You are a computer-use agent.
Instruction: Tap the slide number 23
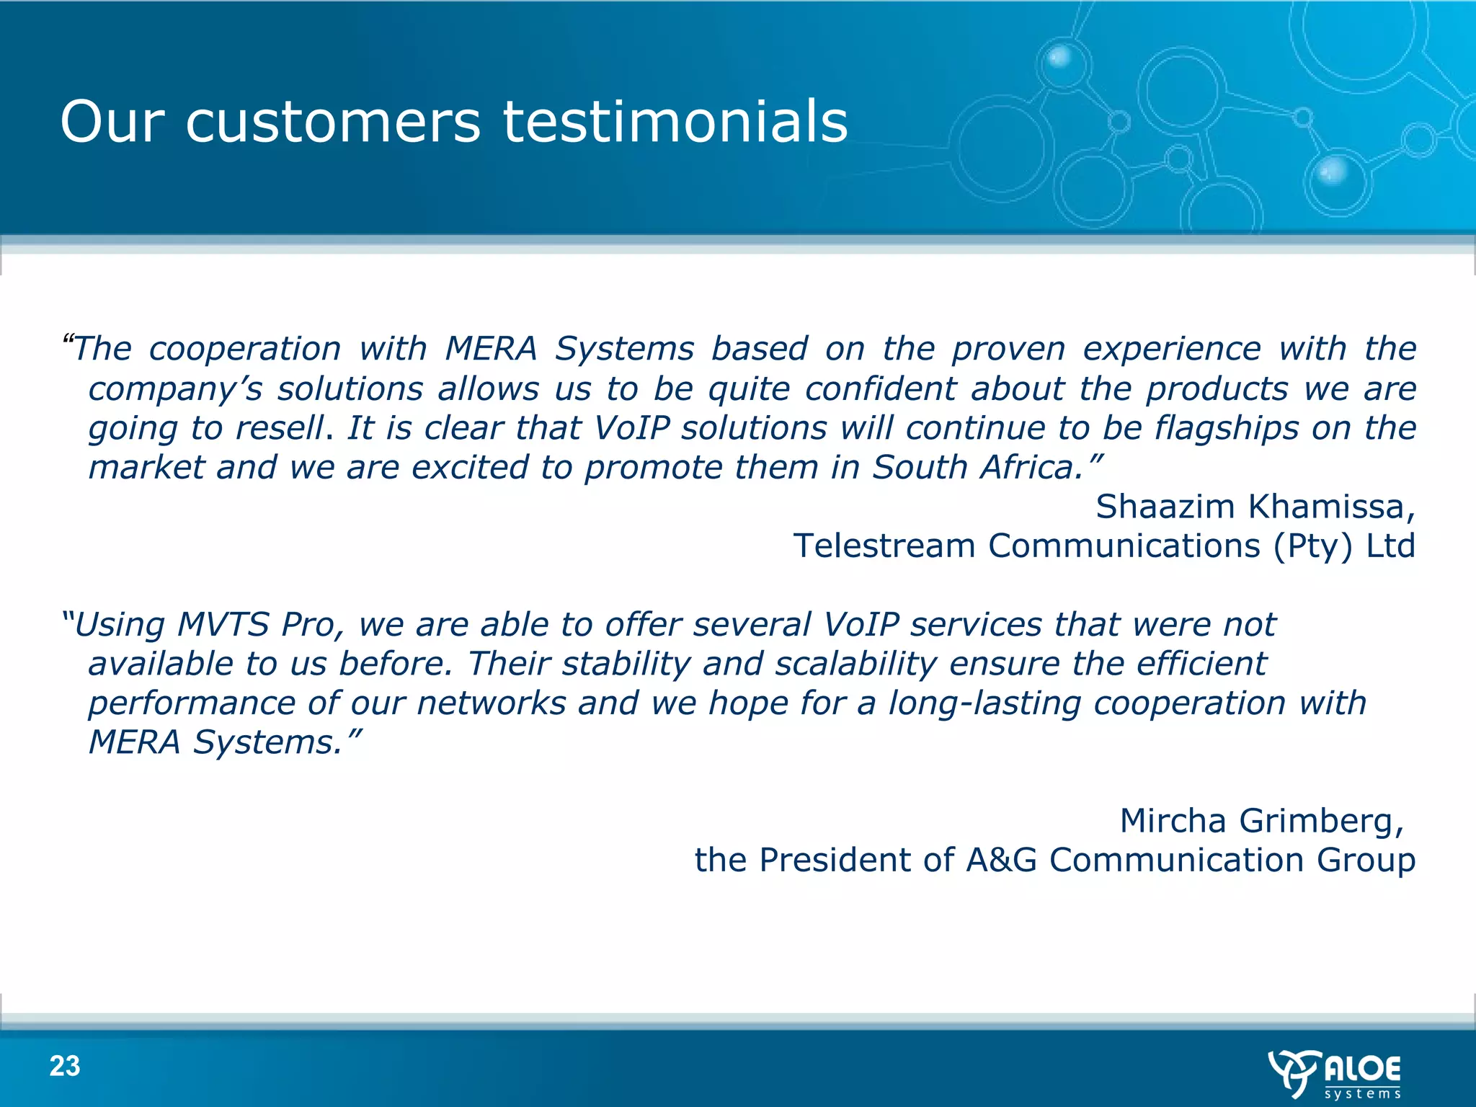pos(65,1066)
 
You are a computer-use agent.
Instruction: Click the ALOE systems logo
pos(1335,1074)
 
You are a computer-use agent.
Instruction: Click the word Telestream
pos(884,546)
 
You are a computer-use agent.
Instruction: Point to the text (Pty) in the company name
pos(1312,546)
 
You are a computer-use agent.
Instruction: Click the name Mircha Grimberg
pos(1261,820)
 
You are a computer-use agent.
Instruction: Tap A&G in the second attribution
pos(1001,860)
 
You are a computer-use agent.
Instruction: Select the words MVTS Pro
pos(257,624)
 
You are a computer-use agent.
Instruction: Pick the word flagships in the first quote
pos(1227,428)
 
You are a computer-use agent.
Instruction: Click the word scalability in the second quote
pos(856,663)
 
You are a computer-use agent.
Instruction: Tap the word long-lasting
pos(984,703)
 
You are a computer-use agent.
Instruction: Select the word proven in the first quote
pos(1008,350)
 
